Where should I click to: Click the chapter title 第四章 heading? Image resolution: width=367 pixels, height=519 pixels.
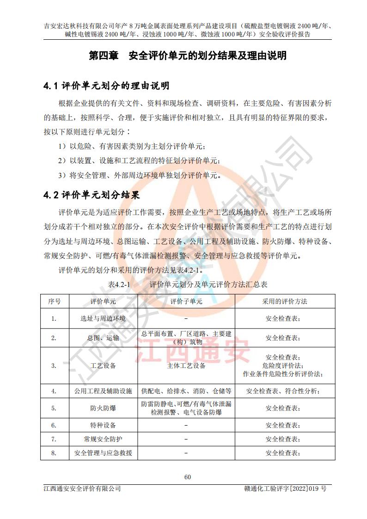click(x=187, y=56)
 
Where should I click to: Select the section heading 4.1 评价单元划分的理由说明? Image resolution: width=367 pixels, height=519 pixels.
click(x=106, y=86)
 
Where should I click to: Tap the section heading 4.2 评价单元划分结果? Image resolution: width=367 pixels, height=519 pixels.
click(x=92, y=195)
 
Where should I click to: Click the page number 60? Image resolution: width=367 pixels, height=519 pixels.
click(x=187, y=477)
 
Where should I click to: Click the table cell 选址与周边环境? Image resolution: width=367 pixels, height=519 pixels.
click(x=103, y=318)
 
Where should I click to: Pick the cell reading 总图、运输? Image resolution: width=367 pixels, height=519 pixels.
click(x=103, y=338)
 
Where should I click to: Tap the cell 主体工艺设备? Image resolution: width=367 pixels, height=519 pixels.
click(x=186, y=366)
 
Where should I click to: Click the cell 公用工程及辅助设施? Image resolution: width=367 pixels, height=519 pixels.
click(x=103, y=391)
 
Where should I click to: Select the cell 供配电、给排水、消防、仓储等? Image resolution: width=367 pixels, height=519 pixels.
click(x=186, y=391)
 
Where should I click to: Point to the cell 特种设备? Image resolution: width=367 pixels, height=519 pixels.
click(x=103, y=425)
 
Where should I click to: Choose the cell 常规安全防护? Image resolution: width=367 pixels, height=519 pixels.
click(x=103, y=439)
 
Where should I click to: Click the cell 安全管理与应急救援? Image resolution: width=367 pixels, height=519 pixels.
click(x=103, y=452)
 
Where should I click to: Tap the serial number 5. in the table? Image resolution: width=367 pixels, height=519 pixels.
click(x=54, y=408)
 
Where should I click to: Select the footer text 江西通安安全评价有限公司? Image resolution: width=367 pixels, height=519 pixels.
click(x=82, y=488)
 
